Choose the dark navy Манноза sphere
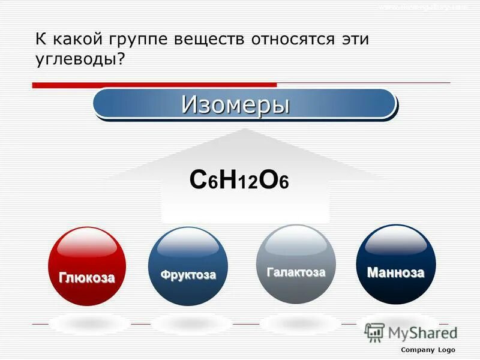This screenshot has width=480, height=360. (396, 264)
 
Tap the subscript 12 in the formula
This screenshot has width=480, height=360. (247, 184)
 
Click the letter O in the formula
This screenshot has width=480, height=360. (268, 180)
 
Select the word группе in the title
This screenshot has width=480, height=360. (138, 40)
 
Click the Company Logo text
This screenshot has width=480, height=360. (428, 350)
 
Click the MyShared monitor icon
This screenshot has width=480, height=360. (374, 332)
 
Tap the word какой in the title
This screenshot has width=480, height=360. (77, 40)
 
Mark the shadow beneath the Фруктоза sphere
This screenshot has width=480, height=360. (187, 323)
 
